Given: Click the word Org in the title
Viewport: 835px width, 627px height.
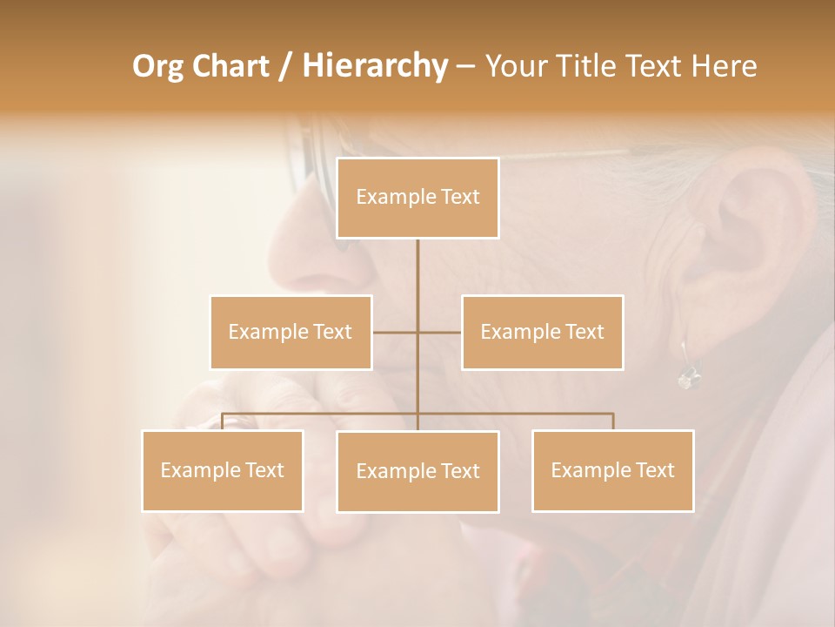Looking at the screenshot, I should [x=159, y=66].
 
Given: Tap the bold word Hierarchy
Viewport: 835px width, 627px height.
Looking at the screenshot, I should [x=375, y=66].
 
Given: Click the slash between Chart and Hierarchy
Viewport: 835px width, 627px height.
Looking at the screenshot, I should [x=285, y=67].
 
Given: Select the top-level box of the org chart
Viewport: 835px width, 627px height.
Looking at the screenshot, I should [x=417, y=198].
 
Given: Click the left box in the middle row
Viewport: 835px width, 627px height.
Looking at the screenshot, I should [x=291, y=332].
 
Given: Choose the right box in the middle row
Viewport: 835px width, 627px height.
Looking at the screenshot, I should [x=542, y=332].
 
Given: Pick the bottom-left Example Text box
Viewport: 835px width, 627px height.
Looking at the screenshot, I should [x=223, y=470].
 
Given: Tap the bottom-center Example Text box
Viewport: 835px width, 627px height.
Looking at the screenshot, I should [x=417, y=471].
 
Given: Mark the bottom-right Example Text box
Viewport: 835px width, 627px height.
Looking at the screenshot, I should [x=612, y=470].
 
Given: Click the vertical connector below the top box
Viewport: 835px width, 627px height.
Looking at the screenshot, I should [x=417, y=279].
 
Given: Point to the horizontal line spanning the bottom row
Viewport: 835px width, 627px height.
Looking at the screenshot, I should [x=522, y=414].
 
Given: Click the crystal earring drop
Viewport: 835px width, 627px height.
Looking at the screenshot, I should [x=687, y=378].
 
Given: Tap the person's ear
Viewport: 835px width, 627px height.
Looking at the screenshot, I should [x=748, y=226].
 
